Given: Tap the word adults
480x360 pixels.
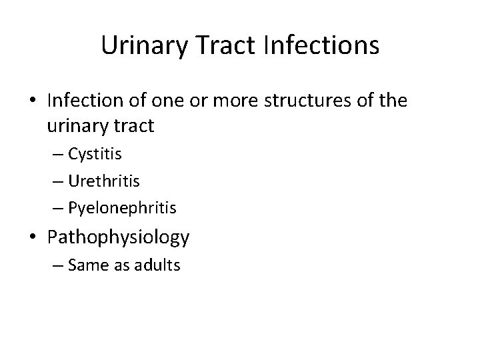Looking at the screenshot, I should [x=159, y=265].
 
